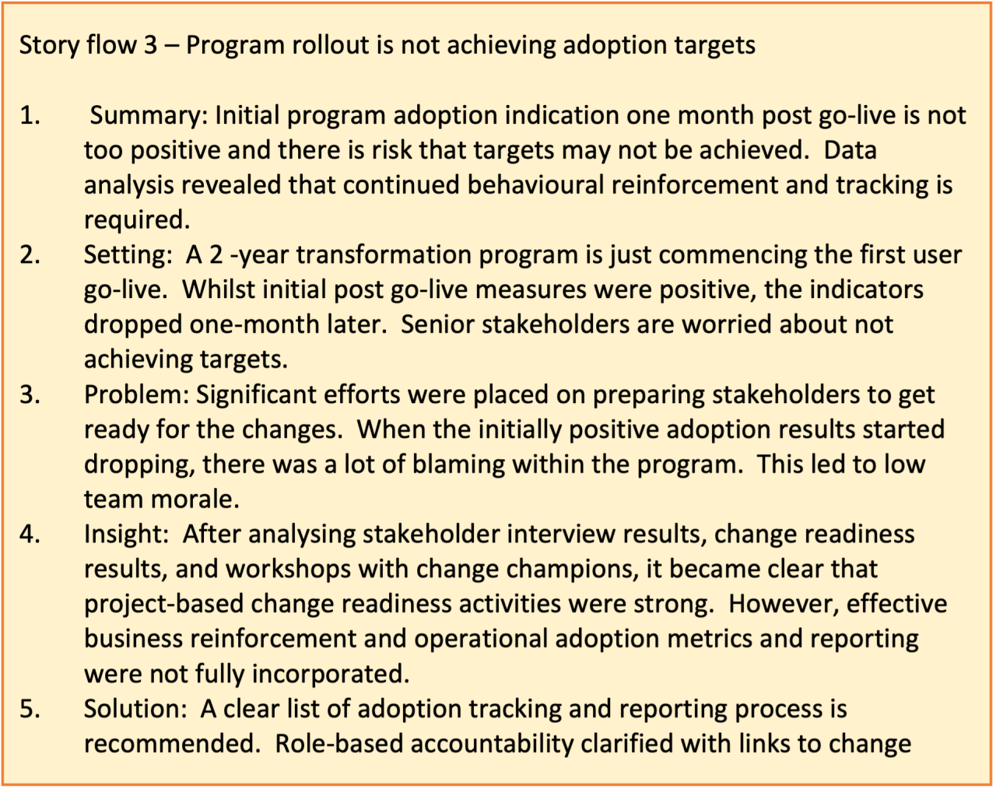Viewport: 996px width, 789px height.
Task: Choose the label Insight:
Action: coord(126,534)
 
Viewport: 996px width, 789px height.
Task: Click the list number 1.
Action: coord(30,116)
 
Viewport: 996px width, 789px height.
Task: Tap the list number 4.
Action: coord(30,534)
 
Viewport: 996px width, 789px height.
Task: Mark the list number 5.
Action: coord(30,709)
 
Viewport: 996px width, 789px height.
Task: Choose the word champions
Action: coord(573,569)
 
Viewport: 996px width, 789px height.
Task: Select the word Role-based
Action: coord(338,744)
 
